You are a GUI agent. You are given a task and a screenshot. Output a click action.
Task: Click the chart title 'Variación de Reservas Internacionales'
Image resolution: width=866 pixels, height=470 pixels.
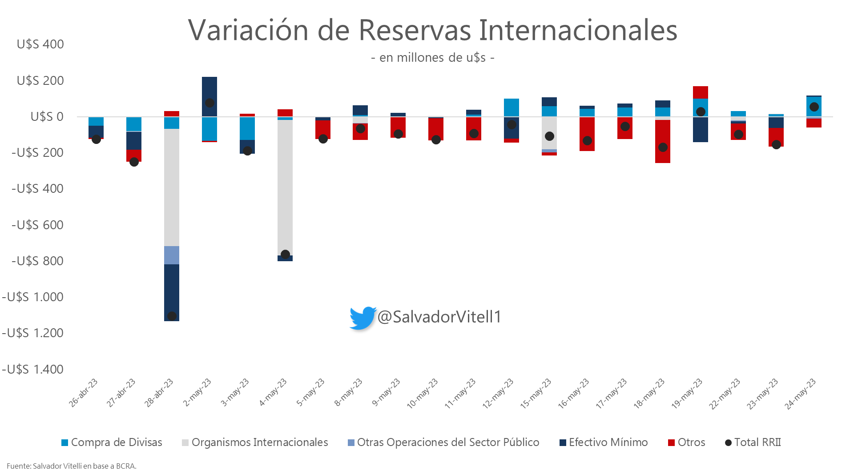tap(432, 30)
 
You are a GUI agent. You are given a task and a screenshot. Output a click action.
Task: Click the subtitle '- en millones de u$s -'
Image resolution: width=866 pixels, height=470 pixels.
tap(432, 58)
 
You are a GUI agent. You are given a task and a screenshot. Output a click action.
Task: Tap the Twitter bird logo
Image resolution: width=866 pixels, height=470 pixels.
tap(363, 318)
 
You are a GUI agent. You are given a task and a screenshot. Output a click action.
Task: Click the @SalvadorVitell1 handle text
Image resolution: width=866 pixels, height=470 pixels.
tap(439, 317)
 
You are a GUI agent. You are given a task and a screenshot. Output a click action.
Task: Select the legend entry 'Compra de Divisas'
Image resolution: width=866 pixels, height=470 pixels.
tap(112, 442)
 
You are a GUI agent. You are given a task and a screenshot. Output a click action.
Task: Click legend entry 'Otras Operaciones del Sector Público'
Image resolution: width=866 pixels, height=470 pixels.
tap(443, 442)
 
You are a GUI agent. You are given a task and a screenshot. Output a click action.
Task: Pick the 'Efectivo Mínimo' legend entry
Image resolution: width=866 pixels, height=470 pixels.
tap(604, 442)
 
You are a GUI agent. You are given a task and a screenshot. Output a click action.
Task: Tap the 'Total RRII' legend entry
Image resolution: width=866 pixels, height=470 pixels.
tap(753, 442)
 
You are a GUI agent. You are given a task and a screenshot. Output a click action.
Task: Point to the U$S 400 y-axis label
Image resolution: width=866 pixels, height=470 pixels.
tap(40, 44)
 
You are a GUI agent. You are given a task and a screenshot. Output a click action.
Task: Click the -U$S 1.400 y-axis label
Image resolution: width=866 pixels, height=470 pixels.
tap(33, 369)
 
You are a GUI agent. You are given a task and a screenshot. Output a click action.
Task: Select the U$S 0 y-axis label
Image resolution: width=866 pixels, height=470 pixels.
tap(47, 117)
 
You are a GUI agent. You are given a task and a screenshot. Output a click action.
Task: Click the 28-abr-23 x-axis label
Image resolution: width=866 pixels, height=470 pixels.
tap(159, 393)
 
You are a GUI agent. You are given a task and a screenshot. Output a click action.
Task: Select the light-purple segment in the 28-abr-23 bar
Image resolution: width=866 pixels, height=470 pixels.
tap(172, 255)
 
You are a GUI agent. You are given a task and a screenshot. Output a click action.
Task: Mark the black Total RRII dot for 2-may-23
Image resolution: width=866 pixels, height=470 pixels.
tap(209, 103)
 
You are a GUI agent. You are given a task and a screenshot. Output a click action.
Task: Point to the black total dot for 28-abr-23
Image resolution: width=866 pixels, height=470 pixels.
tap(172, 316)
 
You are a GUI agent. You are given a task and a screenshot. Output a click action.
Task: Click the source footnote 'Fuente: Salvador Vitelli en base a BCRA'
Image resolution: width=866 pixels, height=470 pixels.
tap(72, 466)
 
